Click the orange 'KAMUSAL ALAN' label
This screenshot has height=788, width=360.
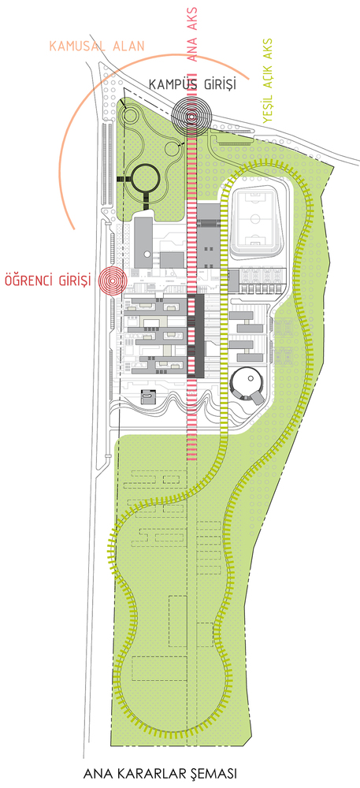pyautogui.click(x=96, y=46)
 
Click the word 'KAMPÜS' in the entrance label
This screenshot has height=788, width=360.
pyautogui.click(x=172, y=85)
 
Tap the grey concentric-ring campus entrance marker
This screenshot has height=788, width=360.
pyautogui.click(x=191, y=116)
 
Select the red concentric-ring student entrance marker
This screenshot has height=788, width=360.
pyautogui.click(x=113, y=280)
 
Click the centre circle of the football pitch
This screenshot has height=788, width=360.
pyautogui.click(x=255, y=220)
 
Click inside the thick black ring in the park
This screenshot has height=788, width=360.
pyautogui.click(x=146, y=178)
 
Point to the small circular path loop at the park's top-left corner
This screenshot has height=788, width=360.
pyautogui.click(x=129, y=115)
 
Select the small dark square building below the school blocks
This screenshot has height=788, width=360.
pyautogui.click(x=148, y=396)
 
